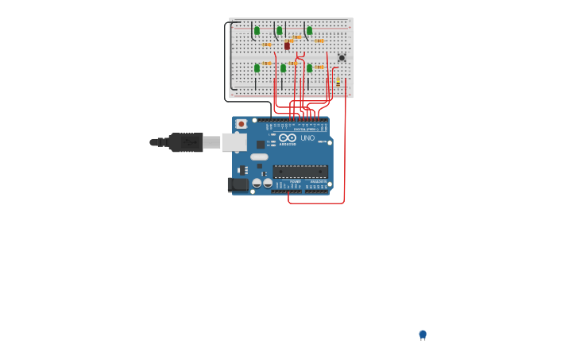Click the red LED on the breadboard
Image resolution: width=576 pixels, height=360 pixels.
coord(287,46)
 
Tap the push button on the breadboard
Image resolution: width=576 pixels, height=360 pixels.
coord(342,57)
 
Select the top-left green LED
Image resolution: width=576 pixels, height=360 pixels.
coord(257,31)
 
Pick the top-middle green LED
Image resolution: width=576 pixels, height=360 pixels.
coord(279,31)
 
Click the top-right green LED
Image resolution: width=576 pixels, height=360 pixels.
coord(309,31)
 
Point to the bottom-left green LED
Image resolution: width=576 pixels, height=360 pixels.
coord(257,68)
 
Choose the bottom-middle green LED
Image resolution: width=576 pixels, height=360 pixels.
coord(283,68)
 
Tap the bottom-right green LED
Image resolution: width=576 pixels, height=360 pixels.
coord(309,68)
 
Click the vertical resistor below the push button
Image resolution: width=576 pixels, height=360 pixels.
coord(338,82)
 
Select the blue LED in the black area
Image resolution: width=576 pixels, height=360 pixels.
coord(423,335)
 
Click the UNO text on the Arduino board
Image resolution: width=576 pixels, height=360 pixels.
coord(307,138)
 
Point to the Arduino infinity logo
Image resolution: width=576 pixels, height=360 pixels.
coord(288,137)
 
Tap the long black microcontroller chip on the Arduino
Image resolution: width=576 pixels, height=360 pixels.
coord(300,171)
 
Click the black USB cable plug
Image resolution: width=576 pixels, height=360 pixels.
coord(185,142)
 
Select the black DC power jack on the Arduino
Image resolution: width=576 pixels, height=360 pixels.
coord(237,184)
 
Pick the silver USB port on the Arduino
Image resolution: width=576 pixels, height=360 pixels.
coord(234,142)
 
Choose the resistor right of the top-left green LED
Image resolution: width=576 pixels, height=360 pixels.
coord(267,44)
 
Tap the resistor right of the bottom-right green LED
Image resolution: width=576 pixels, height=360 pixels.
coord(320,68)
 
